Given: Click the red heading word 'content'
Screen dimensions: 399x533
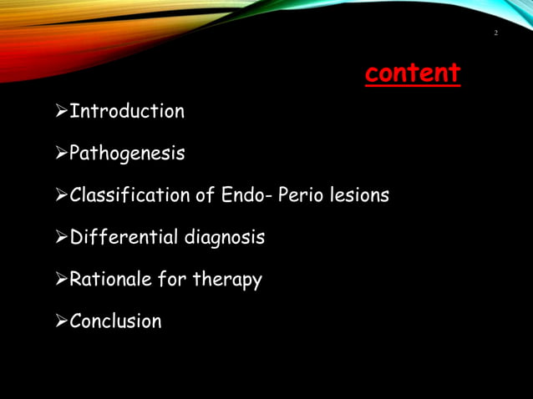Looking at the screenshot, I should click(412, 73).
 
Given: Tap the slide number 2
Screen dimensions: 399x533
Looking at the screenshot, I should click(496, 33).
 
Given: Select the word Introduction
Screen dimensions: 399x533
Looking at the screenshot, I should click(127, 111).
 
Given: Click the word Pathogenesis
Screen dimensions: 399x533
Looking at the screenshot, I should click(127, 154).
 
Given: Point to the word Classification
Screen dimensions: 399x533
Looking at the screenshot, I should click(129, 195).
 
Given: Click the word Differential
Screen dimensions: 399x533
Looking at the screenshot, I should click(124, 238).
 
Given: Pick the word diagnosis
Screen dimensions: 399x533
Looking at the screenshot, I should click(224, 238).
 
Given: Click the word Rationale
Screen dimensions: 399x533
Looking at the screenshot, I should click(110, 280).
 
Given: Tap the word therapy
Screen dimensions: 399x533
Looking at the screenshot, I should click(227, 280).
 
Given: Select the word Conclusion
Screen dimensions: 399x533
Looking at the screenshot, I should click(115, 321).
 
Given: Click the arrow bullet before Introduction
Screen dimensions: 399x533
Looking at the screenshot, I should click(60, 111).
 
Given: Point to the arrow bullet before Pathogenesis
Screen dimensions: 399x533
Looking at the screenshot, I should click(60, 154).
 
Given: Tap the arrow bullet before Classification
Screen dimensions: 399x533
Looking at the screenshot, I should click(60, 195).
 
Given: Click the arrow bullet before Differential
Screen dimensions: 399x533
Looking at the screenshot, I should click(60, 238).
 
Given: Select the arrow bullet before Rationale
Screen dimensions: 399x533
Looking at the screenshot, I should click(60, 280).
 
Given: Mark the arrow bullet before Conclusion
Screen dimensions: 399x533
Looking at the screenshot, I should click(60, 321).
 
